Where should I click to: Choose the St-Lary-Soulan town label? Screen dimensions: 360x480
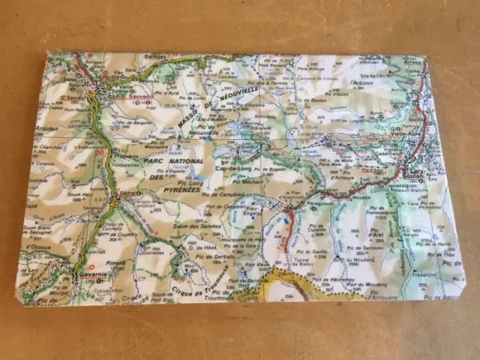416,173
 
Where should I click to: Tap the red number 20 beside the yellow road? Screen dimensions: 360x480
99,153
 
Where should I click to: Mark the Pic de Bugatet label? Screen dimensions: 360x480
267,169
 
